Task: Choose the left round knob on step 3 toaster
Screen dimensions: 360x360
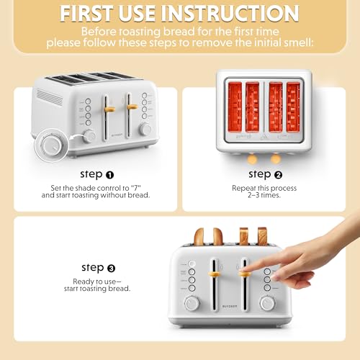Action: point(192,304)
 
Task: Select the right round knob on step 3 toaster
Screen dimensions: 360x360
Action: point(267,304)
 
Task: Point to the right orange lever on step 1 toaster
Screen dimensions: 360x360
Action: point(132,107)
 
